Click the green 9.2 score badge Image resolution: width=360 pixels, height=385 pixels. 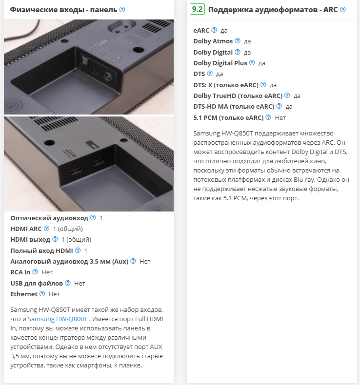click(x=197, y=9)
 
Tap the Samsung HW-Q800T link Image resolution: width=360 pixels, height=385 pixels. click(x=58, y=319)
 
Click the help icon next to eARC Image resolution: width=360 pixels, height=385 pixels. click(x=214, y=30)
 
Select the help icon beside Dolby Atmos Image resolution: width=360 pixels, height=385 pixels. click(x=238, y=41)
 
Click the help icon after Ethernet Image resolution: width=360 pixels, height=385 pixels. click(x=42, y=294)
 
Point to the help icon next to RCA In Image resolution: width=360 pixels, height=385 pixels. click(x=36, y=272)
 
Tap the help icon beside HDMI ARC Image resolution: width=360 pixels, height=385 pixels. click(x=46, y=229)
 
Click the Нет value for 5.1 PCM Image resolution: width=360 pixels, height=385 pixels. click(x=280, y=118)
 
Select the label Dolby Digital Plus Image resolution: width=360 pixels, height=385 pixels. click(x=220, y=63)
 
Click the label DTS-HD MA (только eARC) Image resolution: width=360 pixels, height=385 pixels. click(x=234, y=107)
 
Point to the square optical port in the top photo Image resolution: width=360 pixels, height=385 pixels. click(x=85, y=59)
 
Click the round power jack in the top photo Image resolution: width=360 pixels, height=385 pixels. click(x=108, y=76)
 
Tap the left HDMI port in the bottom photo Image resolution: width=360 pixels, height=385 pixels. click(x=77, y=171)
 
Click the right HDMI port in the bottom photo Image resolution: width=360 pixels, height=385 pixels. click(x=99, y=162)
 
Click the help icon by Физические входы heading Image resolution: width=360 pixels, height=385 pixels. click(x=122, y=10)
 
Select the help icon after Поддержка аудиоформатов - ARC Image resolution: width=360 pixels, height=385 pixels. click(x=343, y=10)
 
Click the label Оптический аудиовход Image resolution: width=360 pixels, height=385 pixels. click(x=49, y=218)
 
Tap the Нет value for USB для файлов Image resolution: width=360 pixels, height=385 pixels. click(x=80, y=283)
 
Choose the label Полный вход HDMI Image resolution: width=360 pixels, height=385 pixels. click(x=41, y=250)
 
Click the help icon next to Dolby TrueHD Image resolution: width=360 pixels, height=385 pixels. click(x=287, y=95)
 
